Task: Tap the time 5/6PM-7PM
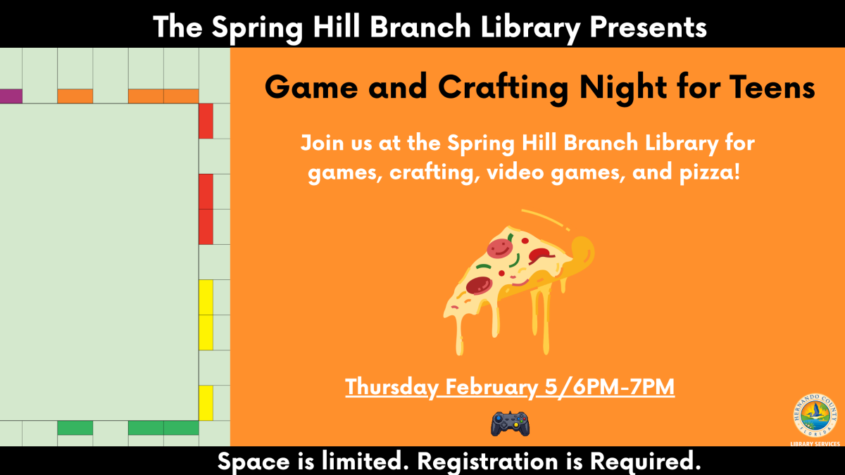click(609, 387)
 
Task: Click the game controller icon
click(510, 424)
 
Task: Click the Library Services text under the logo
click(815, 444)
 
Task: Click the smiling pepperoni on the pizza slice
click(498, 248)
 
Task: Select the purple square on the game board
click(11, 96)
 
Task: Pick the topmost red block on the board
click(206, 121)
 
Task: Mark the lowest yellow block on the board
click(206, 403)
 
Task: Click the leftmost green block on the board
click(75, 428)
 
